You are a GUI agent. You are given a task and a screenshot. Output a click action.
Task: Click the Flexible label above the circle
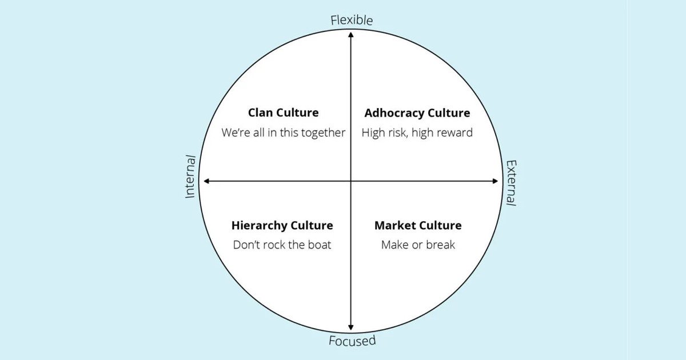352,20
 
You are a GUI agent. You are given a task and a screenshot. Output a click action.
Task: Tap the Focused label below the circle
352,341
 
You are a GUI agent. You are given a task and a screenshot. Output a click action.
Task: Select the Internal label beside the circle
190,177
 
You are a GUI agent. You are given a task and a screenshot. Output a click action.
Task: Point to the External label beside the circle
511,183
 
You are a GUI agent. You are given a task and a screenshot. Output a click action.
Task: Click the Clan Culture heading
284,113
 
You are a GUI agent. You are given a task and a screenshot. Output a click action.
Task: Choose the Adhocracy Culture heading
417,113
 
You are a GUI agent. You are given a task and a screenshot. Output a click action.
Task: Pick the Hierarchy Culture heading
282,225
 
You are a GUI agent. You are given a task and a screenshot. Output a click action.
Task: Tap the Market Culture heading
418,225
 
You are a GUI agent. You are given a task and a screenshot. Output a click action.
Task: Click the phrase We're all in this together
284,133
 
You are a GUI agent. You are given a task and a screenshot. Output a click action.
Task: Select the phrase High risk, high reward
417,133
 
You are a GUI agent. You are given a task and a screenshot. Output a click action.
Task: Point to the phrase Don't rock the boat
282,245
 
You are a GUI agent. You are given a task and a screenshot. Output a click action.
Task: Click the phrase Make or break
418,245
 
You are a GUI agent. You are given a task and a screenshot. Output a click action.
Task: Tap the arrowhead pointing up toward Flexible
351,35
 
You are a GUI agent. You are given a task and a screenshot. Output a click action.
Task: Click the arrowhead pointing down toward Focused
351,327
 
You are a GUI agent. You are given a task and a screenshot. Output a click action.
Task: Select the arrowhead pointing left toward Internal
207,181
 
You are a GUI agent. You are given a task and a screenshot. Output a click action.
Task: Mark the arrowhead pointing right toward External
495,181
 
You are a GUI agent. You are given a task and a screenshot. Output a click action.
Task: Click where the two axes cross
351,181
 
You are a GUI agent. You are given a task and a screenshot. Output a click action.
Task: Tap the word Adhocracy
394,113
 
